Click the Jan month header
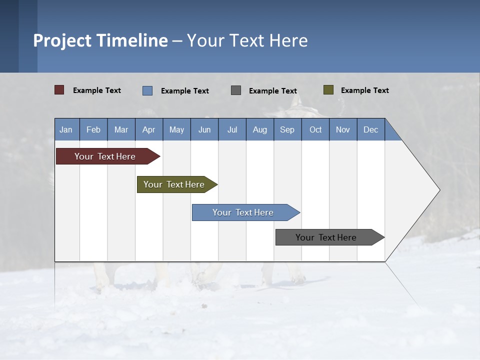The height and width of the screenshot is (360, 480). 66,129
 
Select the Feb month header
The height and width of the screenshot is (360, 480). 93,129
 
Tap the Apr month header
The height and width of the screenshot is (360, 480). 149,129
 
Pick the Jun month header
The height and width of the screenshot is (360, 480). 204,129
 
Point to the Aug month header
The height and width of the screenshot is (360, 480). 260,129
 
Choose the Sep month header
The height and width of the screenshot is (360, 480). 287,129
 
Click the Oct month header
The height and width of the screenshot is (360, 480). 315,129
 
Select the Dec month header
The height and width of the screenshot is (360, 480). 371,129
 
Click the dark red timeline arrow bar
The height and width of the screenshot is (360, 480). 105,156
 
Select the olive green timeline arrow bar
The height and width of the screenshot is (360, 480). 174,184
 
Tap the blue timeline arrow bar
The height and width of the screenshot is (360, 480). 243,212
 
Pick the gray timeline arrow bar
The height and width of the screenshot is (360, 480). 326,237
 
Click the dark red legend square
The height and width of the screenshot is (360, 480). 59,90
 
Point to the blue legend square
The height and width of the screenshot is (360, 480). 147,90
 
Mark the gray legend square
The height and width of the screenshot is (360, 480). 236,90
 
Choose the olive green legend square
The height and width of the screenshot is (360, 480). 328,90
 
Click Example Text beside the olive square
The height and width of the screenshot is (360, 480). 365,90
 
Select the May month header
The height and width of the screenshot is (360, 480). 176,129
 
